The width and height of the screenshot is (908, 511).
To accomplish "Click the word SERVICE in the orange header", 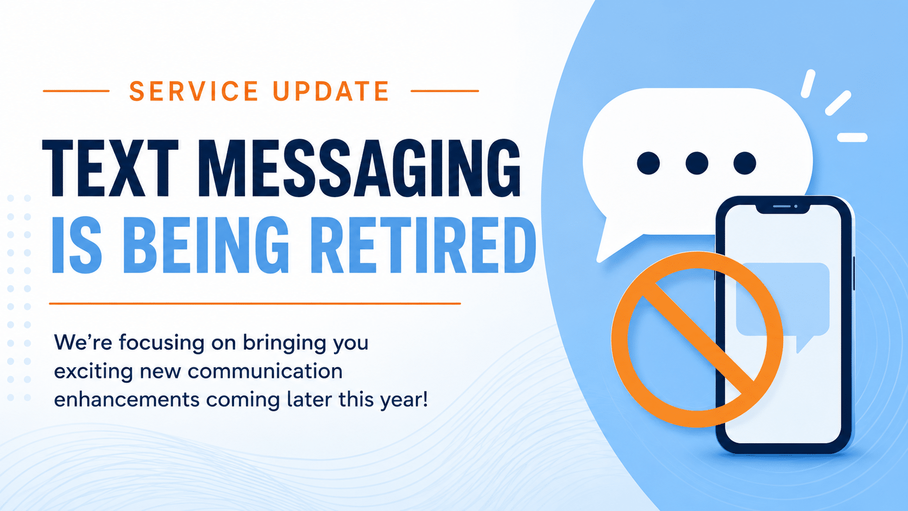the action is pyautogui.click(x=194, y=91).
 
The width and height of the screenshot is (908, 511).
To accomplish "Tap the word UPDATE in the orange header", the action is pyautogui.click(x=331, y=91).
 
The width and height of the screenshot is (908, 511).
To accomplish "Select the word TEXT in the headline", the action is pyautogui.click(x=110, y=168).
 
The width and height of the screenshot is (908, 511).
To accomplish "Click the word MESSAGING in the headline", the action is pyautogui.click(x=359, y=168).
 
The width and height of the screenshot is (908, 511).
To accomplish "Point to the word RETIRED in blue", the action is pyautogui.click(x=423, y=245).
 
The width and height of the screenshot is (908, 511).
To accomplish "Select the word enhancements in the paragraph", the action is pyautogui.click(x=127, y=400).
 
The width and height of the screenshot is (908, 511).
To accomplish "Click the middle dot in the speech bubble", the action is pyautogui.click(x=697, y=163).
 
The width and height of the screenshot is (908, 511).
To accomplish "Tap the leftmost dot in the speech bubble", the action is pyautogui.click(x=648, y=163).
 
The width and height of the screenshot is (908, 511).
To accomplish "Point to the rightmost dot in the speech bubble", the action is pyautogui.click(x=745, y=163).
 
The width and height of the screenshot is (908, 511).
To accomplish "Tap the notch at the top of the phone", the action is pyautogui.click(x=783, y=209).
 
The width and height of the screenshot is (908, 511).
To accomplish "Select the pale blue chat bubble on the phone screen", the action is pyautogui.click(x=783, y=305).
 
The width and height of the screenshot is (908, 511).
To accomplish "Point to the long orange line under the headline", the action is pyautogui.click(x=255, y=303).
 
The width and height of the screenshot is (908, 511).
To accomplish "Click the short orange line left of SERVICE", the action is pyautogui.click(x=76, y=91).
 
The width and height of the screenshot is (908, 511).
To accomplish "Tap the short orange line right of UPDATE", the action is pyautogui.click(x=445, y=91).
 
